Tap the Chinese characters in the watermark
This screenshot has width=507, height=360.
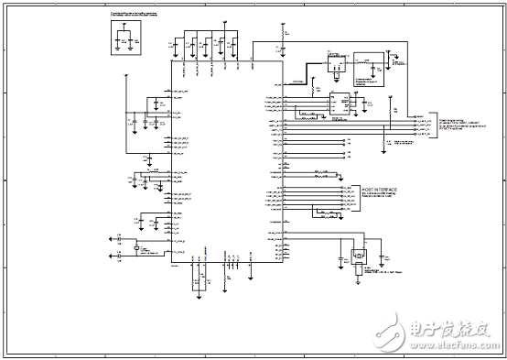pyautogui.click(x=448, y=327)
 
